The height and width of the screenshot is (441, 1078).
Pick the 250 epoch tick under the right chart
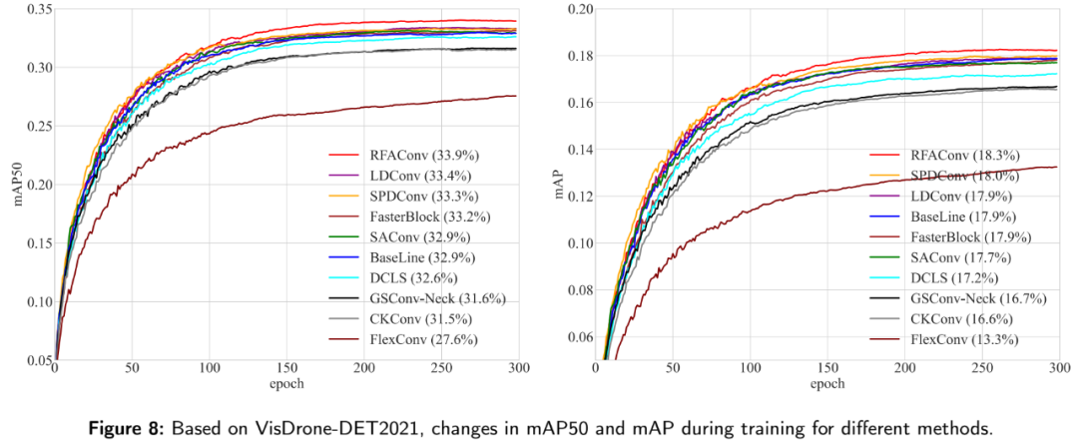(x=981, y=369)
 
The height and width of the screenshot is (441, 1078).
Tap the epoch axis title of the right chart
(x=827, y=383)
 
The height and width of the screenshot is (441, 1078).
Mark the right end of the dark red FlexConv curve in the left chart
(x=515, y=96)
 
